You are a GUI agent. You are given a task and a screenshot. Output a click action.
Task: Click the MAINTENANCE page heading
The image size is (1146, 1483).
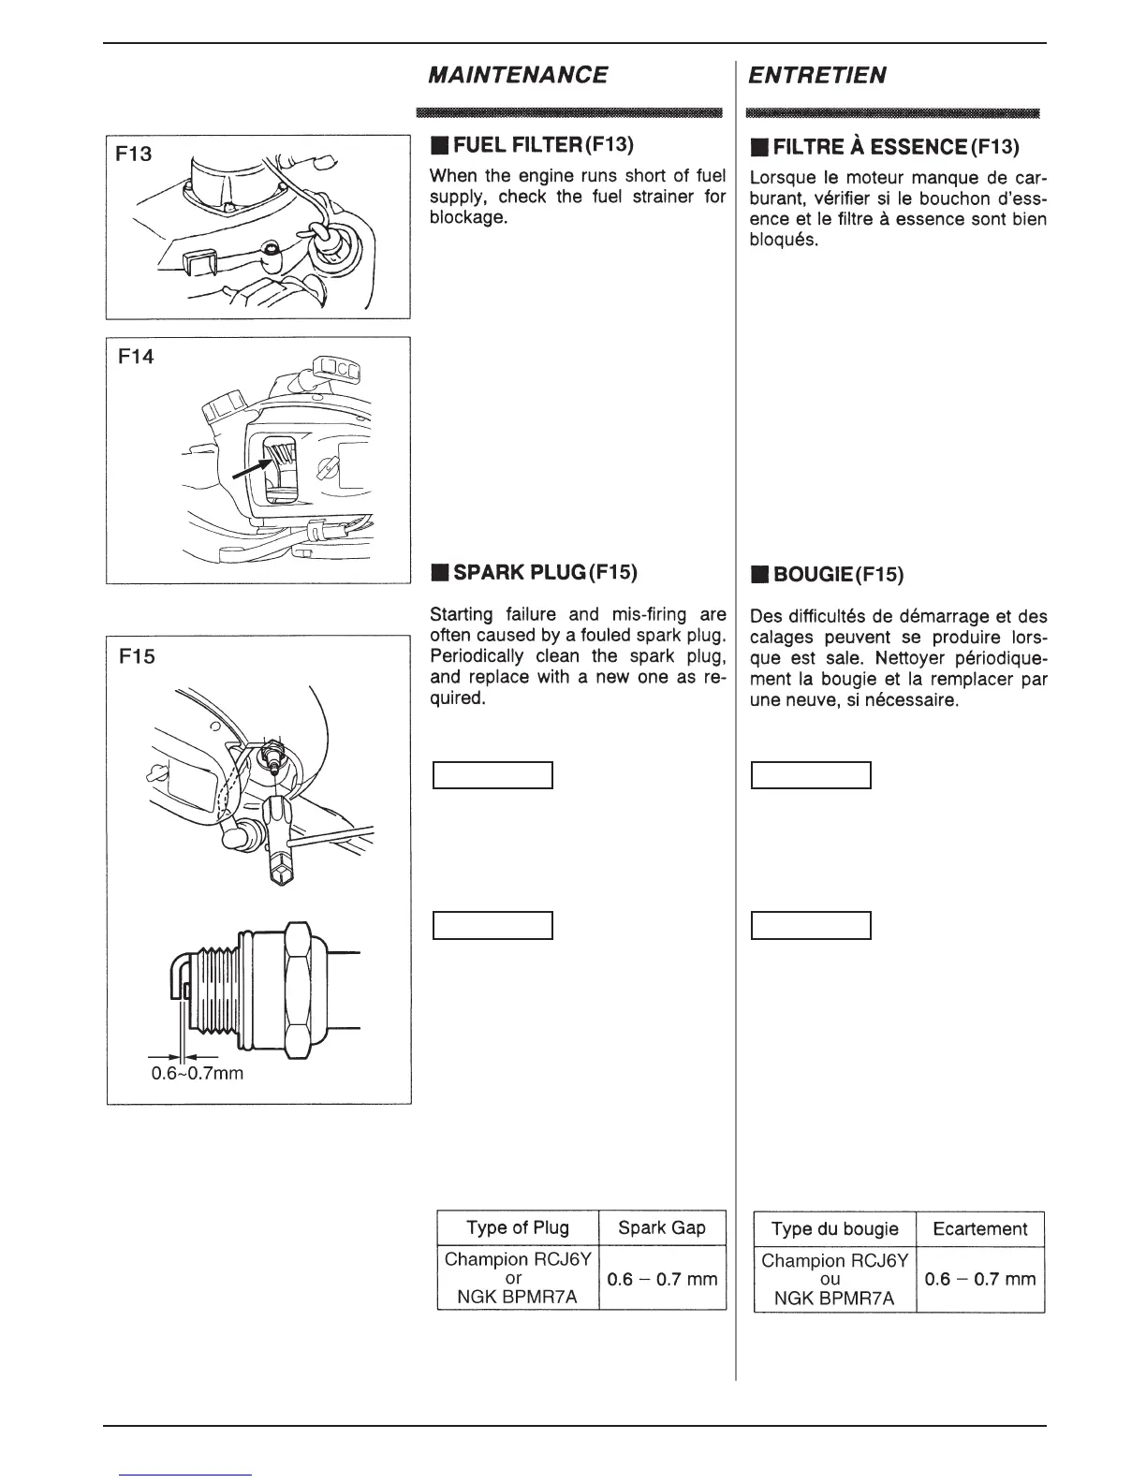tap(518, 75)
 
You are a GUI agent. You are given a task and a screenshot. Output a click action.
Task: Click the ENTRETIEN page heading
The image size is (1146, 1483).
tap(817, 75)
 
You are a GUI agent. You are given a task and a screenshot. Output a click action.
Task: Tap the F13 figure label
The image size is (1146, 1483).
tap(134, 154)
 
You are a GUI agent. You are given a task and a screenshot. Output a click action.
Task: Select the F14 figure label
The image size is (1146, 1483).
tap(137, 357)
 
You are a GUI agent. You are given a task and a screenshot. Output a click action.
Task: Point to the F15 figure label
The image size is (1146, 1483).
tap(137, 656)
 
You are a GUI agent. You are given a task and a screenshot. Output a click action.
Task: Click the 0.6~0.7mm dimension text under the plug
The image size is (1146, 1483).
tap(198, 1073)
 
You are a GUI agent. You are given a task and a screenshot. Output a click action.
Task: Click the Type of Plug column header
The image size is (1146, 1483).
tap(517, 1227)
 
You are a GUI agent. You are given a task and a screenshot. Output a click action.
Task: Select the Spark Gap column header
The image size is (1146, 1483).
tap(662, 1227)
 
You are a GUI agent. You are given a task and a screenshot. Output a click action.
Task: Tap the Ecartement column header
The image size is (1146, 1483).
tap(979, 1228)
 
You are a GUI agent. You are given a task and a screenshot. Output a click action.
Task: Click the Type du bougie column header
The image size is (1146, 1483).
tap(834, 1228)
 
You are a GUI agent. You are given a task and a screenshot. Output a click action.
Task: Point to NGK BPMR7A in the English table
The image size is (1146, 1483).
tap(512, 1297)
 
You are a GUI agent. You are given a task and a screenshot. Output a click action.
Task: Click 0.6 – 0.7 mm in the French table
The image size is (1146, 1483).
tap(979, 1279)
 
